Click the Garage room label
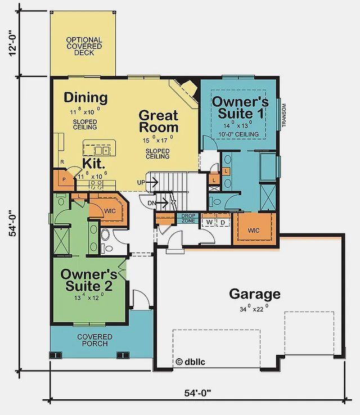254,294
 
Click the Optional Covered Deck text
84,46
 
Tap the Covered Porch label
94,341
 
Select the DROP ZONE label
187,219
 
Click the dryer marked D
222,222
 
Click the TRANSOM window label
285,115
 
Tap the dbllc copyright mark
191,362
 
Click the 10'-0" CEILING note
240,134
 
